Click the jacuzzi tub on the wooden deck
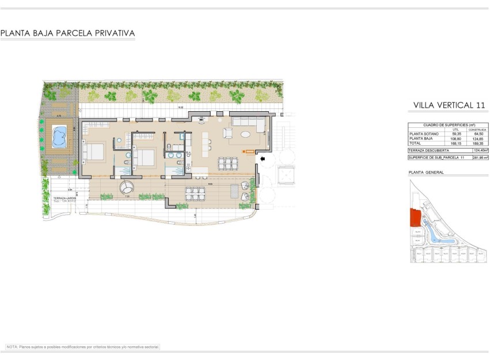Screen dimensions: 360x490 [59, 136]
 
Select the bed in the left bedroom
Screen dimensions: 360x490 [94, 151]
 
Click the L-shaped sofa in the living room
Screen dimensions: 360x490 [248, 122]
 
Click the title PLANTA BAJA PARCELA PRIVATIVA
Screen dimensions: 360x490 [68, 33]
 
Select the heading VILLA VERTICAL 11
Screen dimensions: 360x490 [445, 105]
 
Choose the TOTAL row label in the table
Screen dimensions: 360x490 [415, 143]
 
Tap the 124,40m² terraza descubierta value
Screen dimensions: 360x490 [480, 150]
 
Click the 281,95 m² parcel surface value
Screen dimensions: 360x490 [480, 157]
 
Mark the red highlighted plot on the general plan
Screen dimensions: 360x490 [414, 218]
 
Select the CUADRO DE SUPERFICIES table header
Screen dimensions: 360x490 [449, 125]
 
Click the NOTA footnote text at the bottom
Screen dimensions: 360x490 [82, 347]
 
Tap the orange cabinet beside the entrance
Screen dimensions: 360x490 [245, 151]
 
